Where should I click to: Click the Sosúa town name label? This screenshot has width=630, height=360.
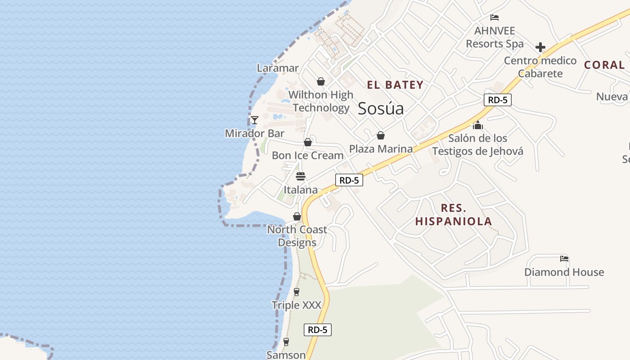[381, 108]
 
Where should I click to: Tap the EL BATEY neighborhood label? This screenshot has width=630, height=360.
[395, 85]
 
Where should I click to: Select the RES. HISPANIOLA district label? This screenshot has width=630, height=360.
[454, 215]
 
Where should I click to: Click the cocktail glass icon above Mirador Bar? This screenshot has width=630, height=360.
[254, 120]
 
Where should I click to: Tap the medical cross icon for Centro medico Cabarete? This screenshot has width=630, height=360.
[540, 47]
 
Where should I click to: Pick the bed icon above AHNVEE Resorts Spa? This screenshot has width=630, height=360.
[495, 18]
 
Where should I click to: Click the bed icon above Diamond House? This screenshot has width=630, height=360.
[564, 259]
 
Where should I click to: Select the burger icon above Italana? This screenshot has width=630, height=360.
[301, 176]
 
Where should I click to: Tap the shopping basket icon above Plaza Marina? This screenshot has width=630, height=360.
[381, 135]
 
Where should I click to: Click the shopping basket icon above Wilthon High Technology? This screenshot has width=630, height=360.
[321, 81]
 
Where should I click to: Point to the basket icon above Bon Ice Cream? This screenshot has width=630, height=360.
[308, 142]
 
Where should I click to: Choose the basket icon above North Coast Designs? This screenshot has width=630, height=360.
[297, 216]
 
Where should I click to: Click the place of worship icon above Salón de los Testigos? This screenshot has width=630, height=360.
[478, 125]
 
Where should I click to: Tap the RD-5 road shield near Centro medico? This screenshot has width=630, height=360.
[498, 100]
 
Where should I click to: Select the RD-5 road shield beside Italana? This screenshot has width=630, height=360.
[349, 180]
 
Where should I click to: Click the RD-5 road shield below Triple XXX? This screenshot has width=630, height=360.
[317, 330]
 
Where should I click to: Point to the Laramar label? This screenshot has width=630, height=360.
[278, 68]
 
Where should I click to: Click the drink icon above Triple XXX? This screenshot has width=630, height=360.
[296, 292]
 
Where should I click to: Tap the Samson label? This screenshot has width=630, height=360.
[286, 355]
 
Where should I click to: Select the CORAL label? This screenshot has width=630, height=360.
[604, 65]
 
